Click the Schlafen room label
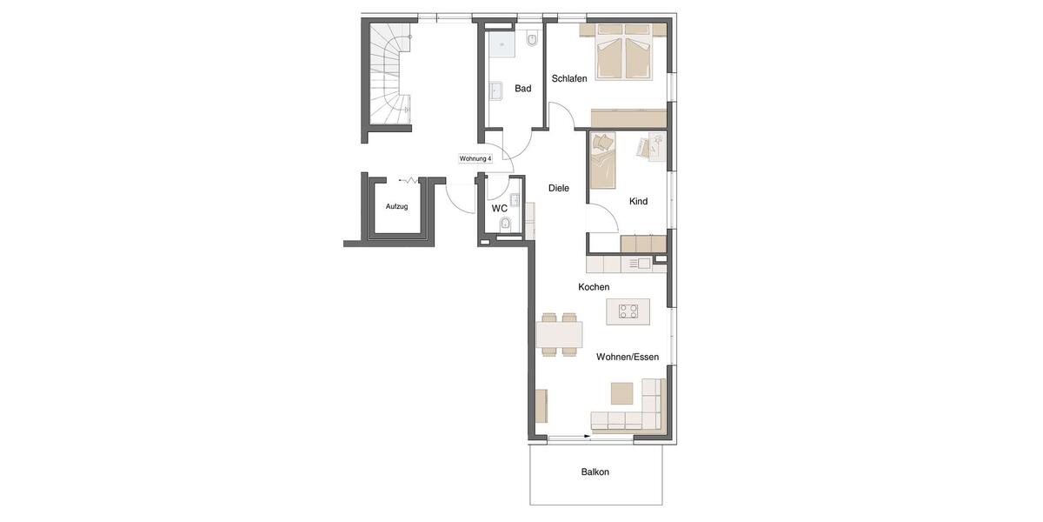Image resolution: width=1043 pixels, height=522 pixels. pos(569,78)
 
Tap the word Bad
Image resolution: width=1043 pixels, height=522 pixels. pos(522,88)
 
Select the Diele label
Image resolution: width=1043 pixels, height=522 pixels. pos(559,188)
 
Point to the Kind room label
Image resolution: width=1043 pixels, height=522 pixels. pos(638,201)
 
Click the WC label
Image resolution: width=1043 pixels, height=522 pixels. pos(500,209)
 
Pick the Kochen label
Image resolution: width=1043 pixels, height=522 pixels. pos(594,287)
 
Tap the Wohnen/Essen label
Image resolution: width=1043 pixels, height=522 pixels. pos(627,357)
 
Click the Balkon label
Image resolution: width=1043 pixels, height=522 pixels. pos(595,472)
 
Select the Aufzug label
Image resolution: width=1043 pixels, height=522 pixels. pos(396,206)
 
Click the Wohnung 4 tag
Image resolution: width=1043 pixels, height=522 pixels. pos(475,158)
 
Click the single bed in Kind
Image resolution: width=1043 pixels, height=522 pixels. pos(601,161)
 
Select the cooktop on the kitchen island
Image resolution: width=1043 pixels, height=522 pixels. pos(628,311)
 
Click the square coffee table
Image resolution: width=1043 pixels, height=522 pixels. pos(621,393)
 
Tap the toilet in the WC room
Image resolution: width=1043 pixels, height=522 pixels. pos(505,224)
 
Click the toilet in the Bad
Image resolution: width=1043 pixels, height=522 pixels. pos(532,39)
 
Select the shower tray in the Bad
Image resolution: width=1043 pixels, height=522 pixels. pos(501,43)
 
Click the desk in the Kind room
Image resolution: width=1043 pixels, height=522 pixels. pos(651,147)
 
